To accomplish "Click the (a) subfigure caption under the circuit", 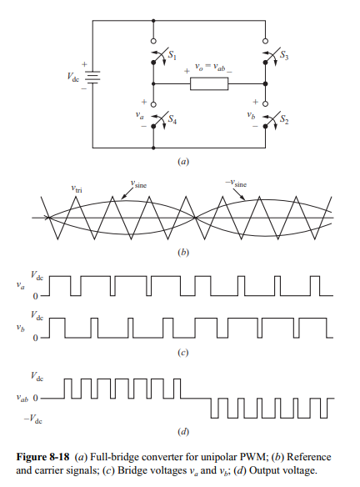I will click(182, 163).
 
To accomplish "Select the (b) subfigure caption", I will click(182, 252).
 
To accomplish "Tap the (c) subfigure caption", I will click(182, 353).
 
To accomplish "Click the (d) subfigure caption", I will click(182, 432).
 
